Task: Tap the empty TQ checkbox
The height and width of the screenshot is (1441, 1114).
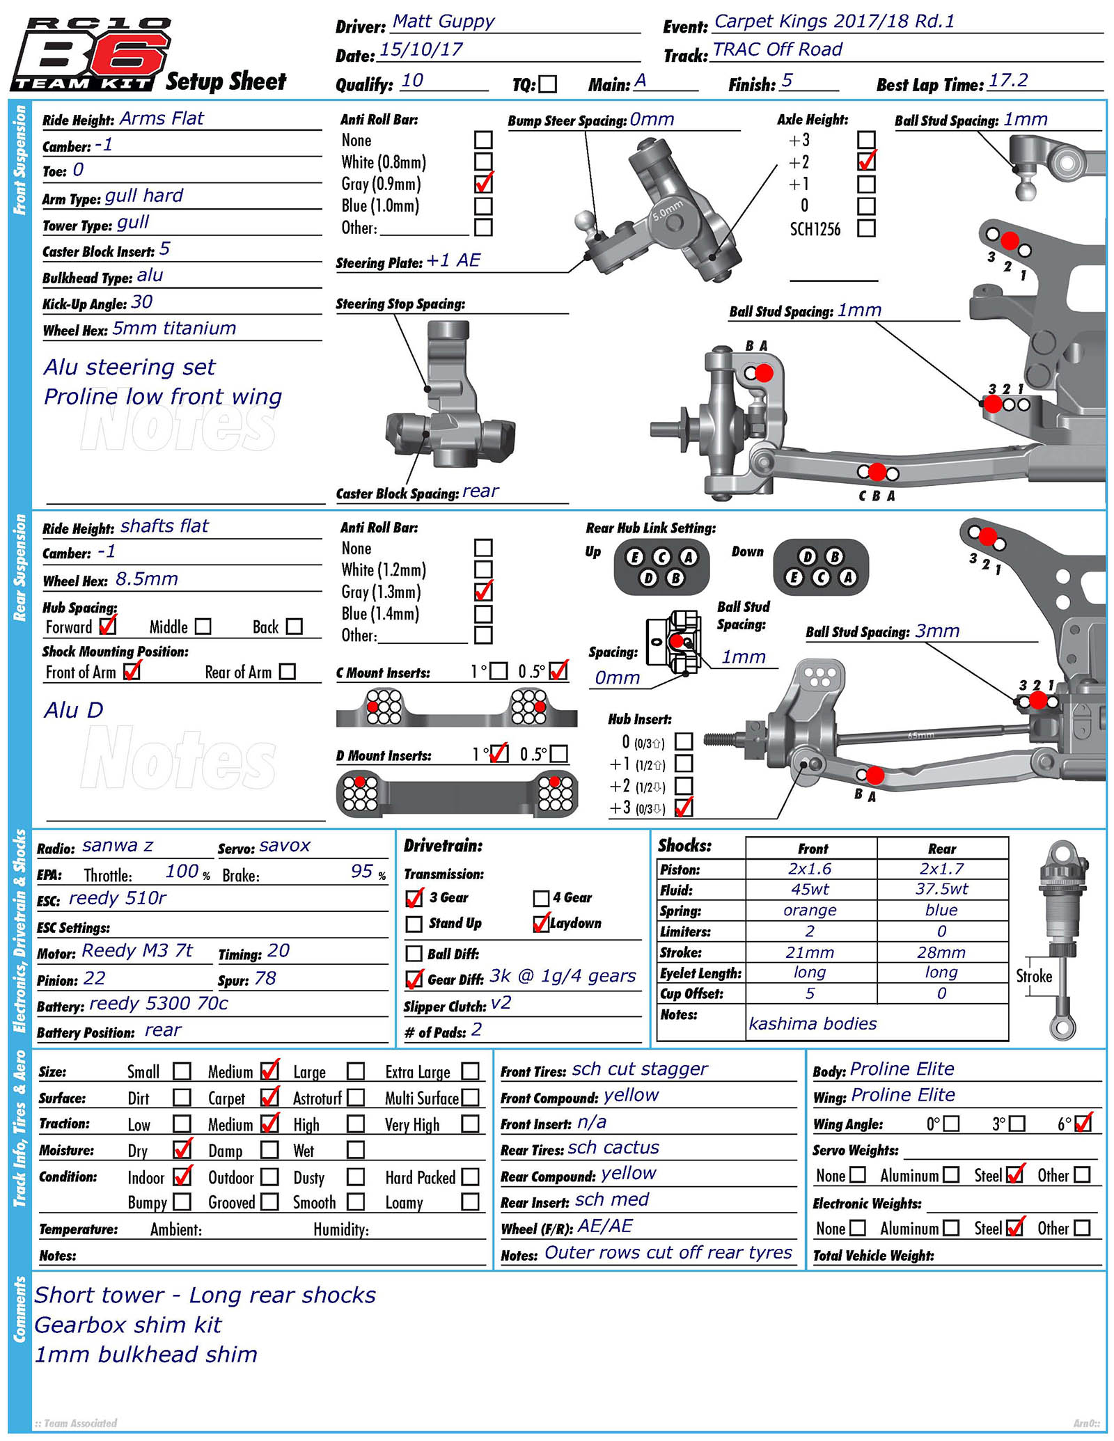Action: point(548,84)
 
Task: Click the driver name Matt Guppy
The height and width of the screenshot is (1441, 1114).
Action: point(444,22)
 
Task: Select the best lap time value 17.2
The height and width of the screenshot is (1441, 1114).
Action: point(1007,81)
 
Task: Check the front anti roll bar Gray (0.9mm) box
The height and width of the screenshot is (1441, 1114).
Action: point(483,184)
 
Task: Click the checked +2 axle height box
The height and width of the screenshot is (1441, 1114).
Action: point(866,162)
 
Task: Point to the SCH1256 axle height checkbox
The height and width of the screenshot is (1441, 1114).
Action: point(866,228)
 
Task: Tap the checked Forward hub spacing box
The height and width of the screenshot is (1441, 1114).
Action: point(107,626)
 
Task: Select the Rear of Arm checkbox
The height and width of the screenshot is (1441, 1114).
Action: point(287,672)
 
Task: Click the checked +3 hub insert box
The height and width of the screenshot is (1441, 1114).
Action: point(684,808)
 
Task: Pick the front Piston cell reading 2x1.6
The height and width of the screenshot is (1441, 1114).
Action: point(810,869)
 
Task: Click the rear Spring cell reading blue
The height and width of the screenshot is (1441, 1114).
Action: point(941,911)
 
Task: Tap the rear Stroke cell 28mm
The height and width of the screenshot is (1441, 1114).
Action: point(941,952)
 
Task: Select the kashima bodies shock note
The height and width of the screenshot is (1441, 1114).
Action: point(813,1024)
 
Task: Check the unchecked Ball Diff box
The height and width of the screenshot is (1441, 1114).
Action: point(414,954)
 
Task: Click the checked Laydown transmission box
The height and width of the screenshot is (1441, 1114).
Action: point(541,924)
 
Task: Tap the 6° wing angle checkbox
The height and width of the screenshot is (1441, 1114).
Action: point(1083,1124)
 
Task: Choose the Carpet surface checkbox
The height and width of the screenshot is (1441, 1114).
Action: point(269,1098)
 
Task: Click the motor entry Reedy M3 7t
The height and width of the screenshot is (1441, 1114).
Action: point(137,951)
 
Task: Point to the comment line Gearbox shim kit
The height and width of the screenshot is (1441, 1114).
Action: point(128,1325)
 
